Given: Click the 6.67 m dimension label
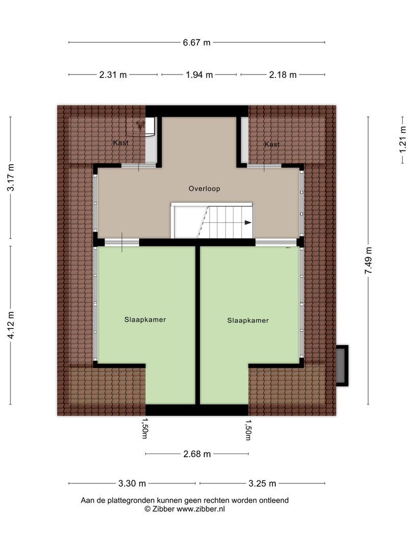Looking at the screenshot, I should tap(197, 43).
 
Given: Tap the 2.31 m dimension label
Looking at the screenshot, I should tap(113, 75).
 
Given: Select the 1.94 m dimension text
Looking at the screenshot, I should tap(199, 75).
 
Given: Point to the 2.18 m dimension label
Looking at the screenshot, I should tap(282, 75).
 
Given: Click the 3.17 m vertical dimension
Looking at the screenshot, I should tap(10, 178).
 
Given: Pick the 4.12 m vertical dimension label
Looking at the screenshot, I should tap(10, 325).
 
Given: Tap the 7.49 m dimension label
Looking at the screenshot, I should tap(368, 261).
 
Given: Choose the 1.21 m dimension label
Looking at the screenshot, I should tap(403, 139).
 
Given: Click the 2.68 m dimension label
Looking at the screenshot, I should tap(197, 454).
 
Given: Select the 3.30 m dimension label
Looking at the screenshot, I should tap(132, 484).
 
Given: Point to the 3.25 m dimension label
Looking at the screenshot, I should tap(262, 484).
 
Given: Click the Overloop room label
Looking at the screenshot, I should tap(204, 189).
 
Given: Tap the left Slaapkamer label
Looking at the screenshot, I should tap(145, 320).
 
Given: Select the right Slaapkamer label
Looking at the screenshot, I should tap(248, 320).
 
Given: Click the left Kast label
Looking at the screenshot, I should tap(121, 143).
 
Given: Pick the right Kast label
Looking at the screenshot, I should tap(272, 144).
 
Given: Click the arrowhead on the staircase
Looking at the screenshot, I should tap(248, 222).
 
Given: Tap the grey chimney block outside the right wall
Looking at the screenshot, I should tap(341, 366).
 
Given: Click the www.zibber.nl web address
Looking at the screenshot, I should tap(200, 509).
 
